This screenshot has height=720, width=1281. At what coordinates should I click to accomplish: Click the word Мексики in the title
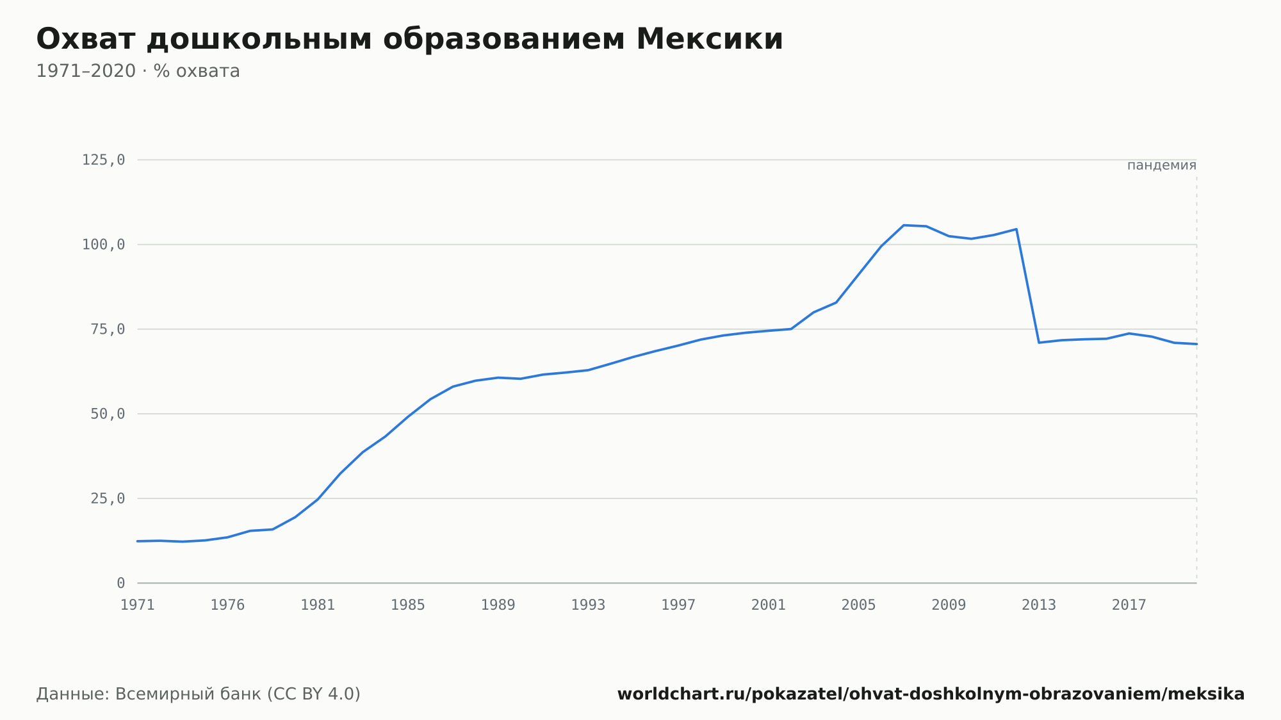tap(710, 39)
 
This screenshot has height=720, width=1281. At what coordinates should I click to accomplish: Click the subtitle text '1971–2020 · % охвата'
tap(138, 71)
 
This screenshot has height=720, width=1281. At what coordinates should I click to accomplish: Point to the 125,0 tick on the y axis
tap(103, 160)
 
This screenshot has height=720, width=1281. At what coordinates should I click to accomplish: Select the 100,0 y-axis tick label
tap(103, 245)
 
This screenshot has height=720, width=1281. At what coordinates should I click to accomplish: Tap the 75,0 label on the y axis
tap(108, 329)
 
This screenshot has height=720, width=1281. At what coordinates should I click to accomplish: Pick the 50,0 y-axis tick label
tap(108, 414)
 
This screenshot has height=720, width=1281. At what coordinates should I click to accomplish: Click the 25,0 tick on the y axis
tap(108, 498)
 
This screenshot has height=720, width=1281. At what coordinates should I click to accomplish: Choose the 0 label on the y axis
tap(121, 583)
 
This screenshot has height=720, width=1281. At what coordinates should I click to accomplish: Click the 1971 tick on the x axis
tap(138, 605)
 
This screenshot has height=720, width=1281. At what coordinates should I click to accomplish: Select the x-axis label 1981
tap(318, 605)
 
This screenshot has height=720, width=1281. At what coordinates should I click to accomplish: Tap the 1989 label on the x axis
tap(498, 605)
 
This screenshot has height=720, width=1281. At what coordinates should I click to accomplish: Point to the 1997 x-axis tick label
tap(678, 605)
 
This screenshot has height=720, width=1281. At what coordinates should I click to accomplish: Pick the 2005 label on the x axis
tap(859, 605)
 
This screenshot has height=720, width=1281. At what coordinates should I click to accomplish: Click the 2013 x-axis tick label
tap(1039, 605)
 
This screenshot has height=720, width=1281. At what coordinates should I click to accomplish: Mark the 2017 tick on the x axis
tap(1129, 605)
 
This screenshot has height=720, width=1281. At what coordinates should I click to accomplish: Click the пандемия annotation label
tap(1162, 165)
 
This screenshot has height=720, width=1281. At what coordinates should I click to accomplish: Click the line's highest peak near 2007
tap(904, 225)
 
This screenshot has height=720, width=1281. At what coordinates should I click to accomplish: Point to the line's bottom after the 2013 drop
tap(1039, 343)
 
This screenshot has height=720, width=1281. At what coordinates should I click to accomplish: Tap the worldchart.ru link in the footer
tap(931, 694)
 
